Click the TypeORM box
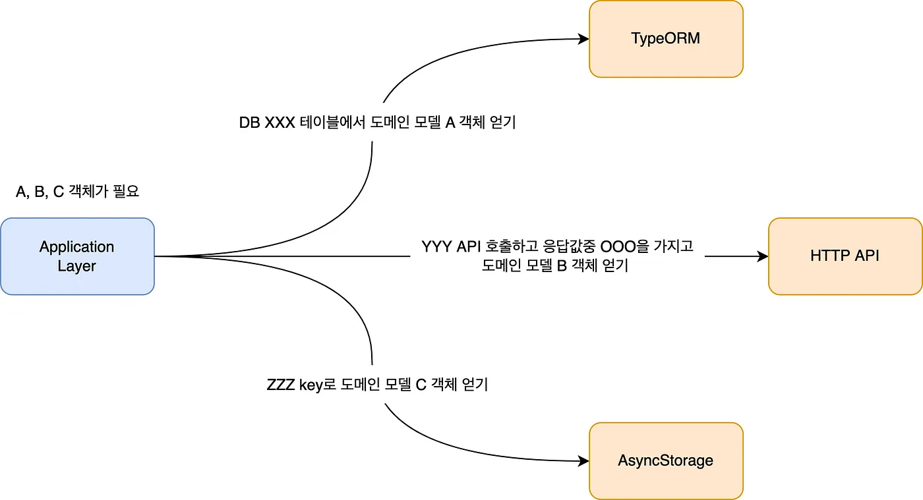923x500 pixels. (666, 39)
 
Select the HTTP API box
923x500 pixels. (845, 256)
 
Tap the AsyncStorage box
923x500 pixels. (666, 460)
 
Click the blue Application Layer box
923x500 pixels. (77, 256)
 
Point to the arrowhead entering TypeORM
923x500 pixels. (584, 39)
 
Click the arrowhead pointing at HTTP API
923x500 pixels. (763, 256)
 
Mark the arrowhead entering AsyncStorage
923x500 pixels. (584, 461)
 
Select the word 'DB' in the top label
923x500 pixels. (249, 123)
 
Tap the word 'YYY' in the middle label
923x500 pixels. (435, 247)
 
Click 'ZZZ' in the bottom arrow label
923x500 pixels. (281, 385)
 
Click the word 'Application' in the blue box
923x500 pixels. (77, 247)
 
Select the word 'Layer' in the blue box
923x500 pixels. (77, 266)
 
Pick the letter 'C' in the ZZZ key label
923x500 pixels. (421, 385)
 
